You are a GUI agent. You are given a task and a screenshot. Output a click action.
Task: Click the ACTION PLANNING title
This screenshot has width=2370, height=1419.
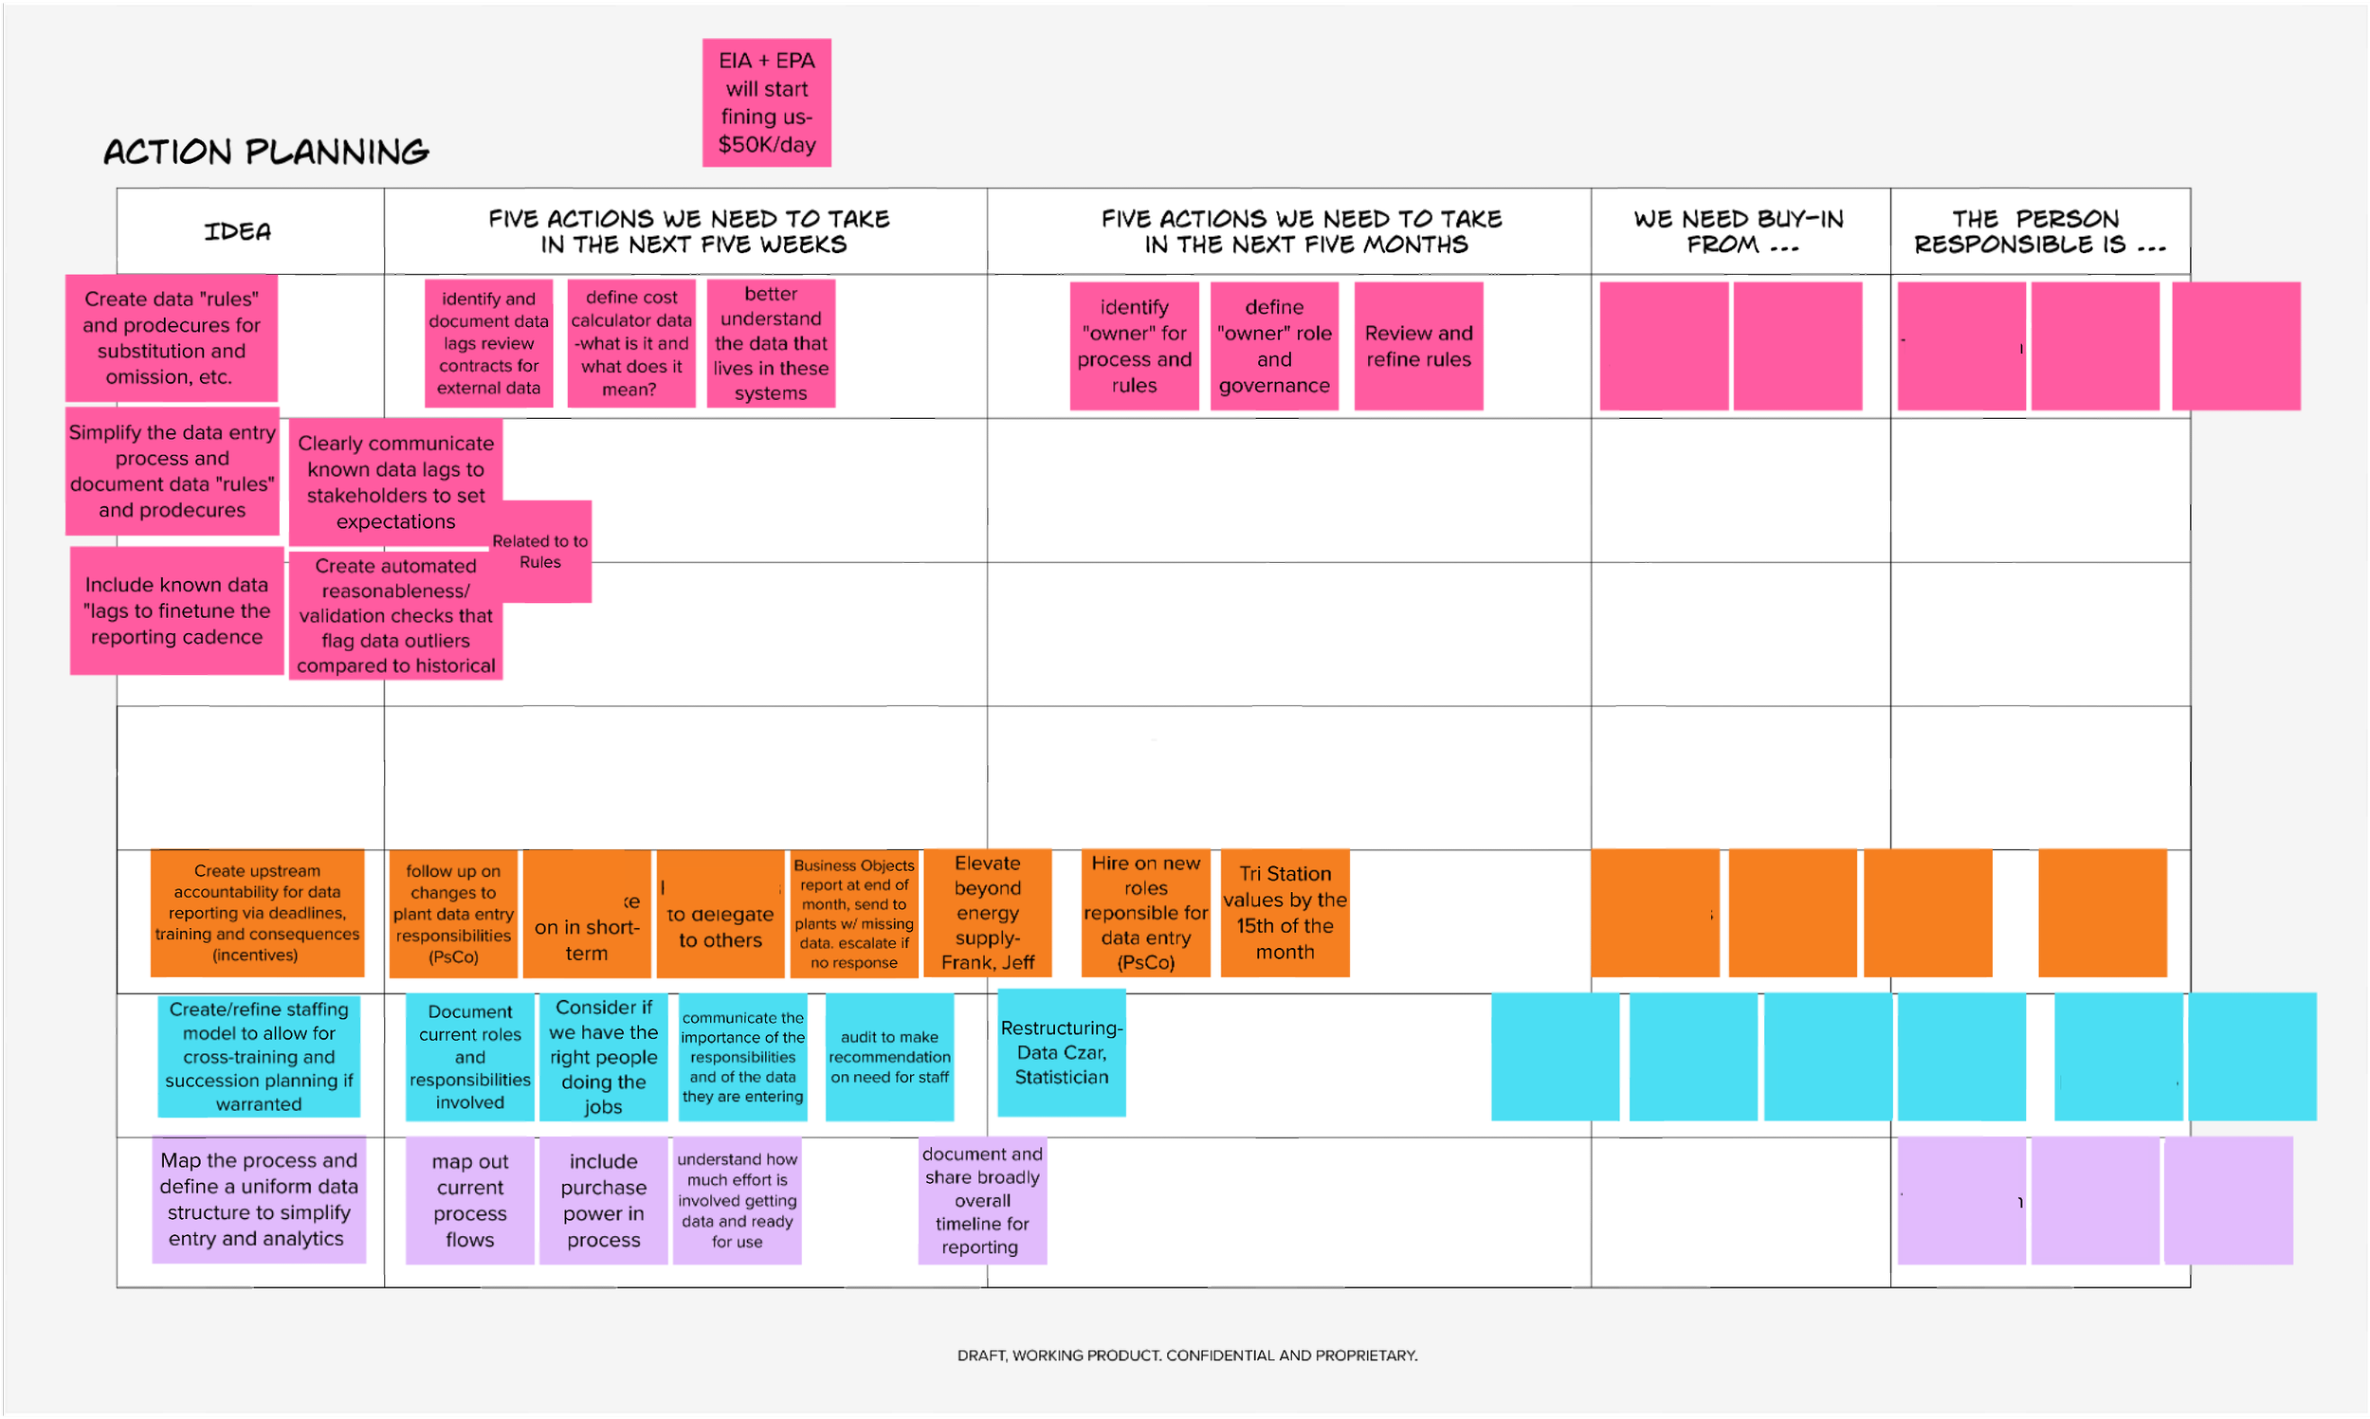(265, 152)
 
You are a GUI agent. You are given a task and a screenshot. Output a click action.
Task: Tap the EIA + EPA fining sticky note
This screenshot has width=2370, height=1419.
(766, 102)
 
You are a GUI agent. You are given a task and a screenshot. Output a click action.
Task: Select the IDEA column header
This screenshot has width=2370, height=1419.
(238, 231)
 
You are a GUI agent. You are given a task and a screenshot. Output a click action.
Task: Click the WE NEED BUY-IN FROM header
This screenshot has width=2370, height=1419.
(1738, 231)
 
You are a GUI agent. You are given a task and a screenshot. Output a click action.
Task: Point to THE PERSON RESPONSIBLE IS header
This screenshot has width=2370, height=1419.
(2038, 231)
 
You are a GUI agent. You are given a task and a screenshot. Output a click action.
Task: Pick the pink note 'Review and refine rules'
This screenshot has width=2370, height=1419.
(1418, 346)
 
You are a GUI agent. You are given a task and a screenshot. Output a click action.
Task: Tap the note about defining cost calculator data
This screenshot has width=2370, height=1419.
(631, 343)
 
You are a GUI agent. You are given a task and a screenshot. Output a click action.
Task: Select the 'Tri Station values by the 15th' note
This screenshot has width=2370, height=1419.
(1284, 912)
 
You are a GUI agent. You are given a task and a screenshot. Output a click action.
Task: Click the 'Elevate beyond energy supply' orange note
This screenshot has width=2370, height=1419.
(987, 912)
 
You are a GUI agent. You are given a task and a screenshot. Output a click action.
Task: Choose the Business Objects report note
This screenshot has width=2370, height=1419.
(854, 912)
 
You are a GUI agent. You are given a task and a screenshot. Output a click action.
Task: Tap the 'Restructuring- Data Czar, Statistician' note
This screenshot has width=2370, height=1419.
(1061, 1052)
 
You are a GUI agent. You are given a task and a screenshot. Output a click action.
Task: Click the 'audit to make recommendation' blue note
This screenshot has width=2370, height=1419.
(889, 1057)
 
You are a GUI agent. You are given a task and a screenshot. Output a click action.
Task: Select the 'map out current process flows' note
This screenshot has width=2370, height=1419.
(469, 1200)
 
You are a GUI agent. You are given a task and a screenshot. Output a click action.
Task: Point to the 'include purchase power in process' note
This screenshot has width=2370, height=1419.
(603, 1200)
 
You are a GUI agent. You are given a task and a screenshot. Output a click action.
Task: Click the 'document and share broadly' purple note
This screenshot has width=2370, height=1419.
(982, 1200)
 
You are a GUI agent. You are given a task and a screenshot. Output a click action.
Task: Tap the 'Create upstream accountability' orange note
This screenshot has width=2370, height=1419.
(257, 912)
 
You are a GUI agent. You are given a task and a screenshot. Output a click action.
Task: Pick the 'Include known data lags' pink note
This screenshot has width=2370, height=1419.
(177, 610)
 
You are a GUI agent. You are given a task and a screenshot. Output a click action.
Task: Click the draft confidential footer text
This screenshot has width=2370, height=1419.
(1187, 1355)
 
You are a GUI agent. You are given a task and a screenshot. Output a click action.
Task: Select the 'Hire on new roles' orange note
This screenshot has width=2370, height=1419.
(1145, 912)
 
